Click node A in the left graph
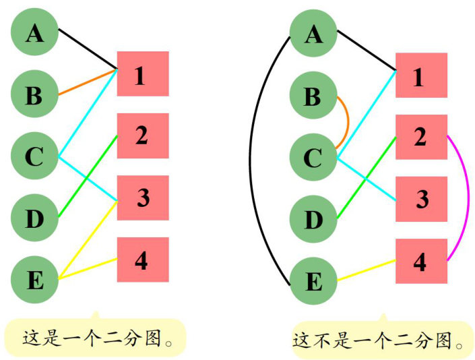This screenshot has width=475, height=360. tap(34, 32)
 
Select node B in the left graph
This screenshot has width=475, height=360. tap(34, 94)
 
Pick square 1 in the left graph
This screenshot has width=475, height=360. tap(142, 74)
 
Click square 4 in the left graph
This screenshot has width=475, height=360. tap(142, 260)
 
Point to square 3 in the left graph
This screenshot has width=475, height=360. tap(142, 198)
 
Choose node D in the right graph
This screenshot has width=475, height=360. tap(313, 219)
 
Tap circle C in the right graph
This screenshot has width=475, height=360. tap(313, 158)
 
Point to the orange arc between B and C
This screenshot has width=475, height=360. tap(347, 121)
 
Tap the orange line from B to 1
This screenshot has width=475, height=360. tap(88, 82)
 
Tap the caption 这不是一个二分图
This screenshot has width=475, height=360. tap(381, 340)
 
